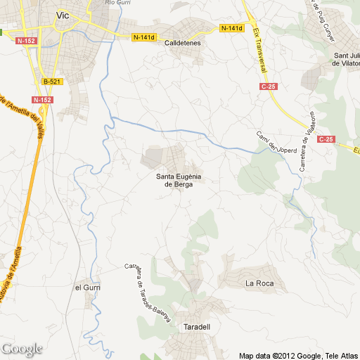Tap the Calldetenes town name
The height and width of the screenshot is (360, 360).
coord(183,43)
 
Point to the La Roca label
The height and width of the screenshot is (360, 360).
coord(257,283)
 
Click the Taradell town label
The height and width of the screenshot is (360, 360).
coord(197,328)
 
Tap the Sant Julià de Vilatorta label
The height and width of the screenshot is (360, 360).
coord(346,59)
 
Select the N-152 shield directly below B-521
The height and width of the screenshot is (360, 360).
coord(42,100)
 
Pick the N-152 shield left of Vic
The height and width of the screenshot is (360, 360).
coord(26,41)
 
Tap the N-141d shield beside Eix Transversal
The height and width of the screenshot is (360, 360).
coord(231,28)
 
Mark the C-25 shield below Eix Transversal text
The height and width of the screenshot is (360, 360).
coord(269,86)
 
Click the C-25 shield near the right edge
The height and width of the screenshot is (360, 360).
coord(325,139)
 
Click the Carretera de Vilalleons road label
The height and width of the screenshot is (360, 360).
coord(307,144)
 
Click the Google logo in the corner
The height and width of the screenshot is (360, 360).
coord(21,349)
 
